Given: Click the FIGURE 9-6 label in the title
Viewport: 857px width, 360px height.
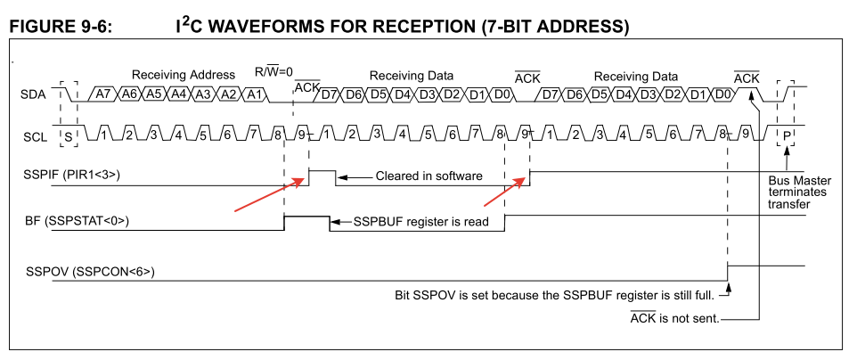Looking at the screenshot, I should [61, 27].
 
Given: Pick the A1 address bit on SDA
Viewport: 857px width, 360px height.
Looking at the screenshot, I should [254, 94].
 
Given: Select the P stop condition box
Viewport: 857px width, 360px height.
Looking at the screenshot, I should [787, 135].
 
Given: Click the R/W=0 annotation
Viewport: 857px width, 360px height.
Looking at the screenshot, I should [273, 71].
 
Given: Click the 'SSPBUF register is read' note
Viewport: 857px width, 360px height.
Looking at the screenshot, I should [421, 221].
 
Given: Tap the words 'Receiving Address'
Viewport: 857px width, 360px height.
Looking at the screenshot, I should [184, 75].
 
